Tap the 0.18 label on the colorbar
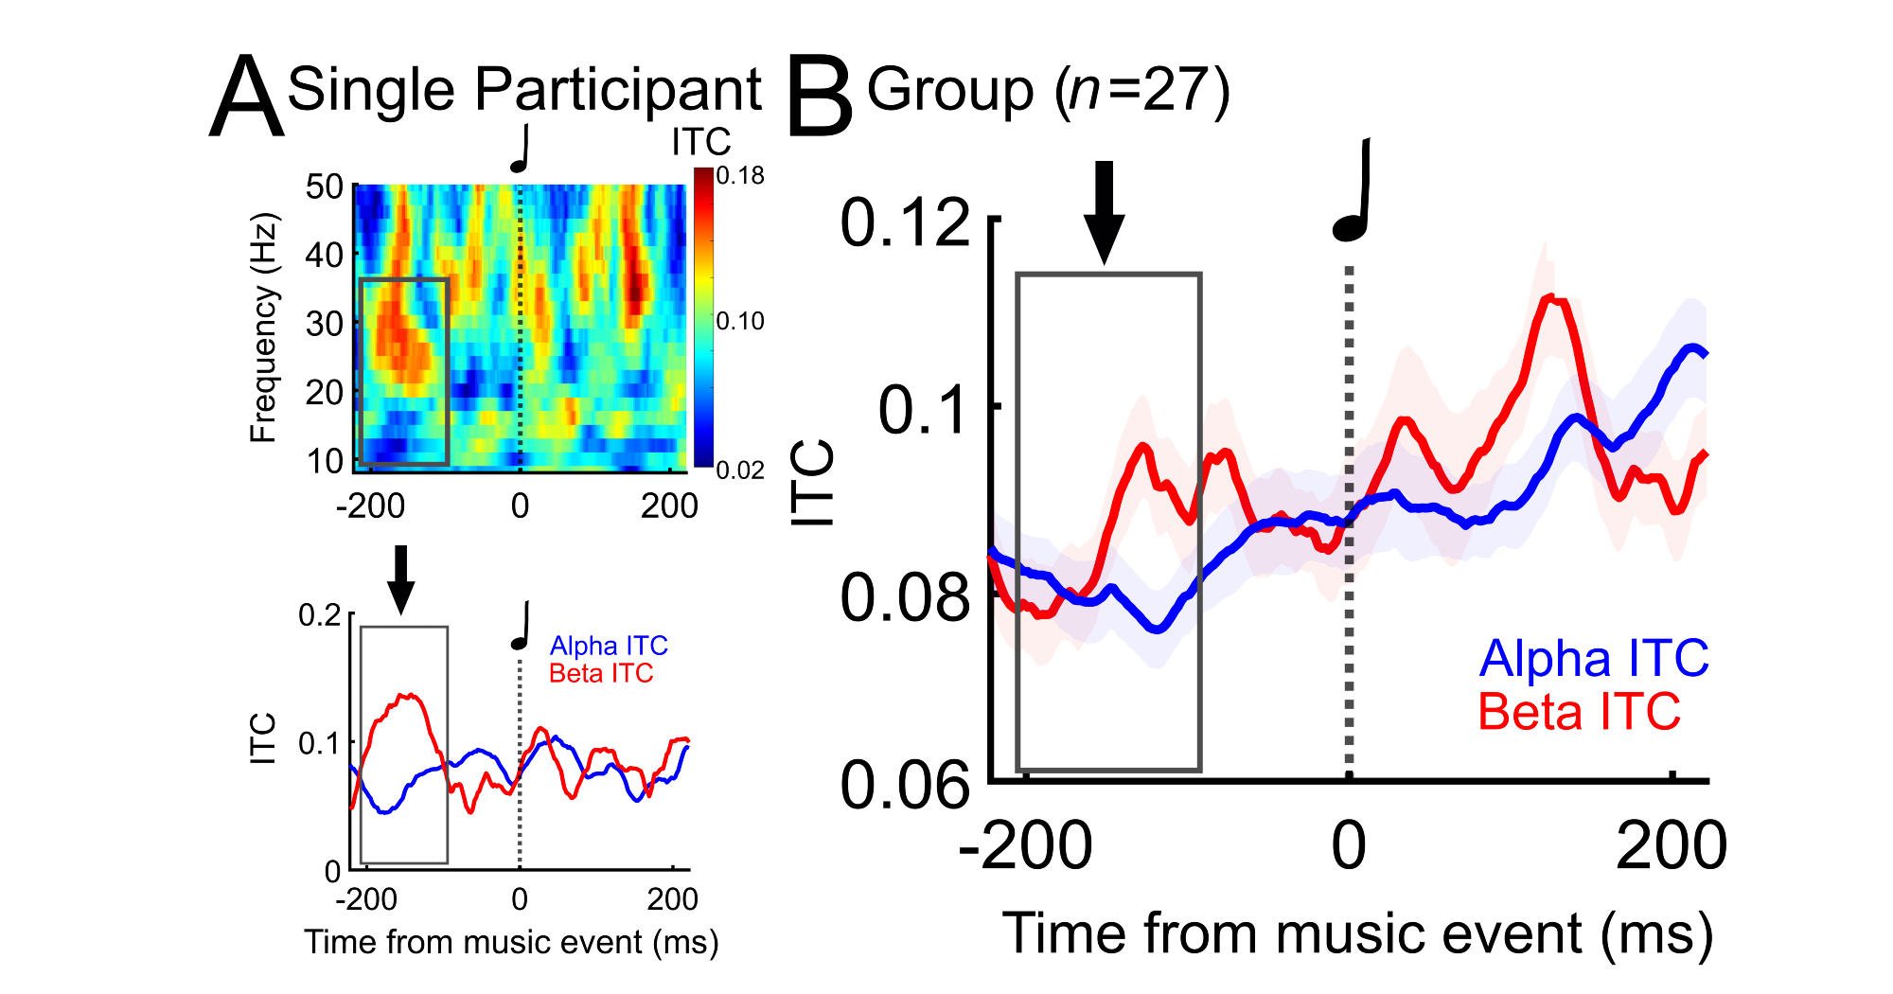[740, 176]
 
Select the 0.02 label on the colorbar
[740, 470]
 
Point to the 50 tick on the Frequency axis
[324, 186]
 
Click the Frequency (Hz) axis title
[264, 328]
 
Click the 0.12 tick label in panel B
[905, 224]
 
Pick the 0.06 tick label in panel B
[905, 785]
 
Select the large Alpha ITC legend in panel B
[1594, 658]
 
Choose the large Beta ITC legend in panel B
[1579, 712]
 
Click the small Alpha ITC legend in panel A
[609, 646]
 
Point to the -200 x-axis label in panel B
[1025, 845]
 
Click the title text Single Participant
[524, 90]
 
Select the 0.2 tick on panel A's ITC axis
[320, 615]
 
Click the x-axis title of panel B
[1357, 934]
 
